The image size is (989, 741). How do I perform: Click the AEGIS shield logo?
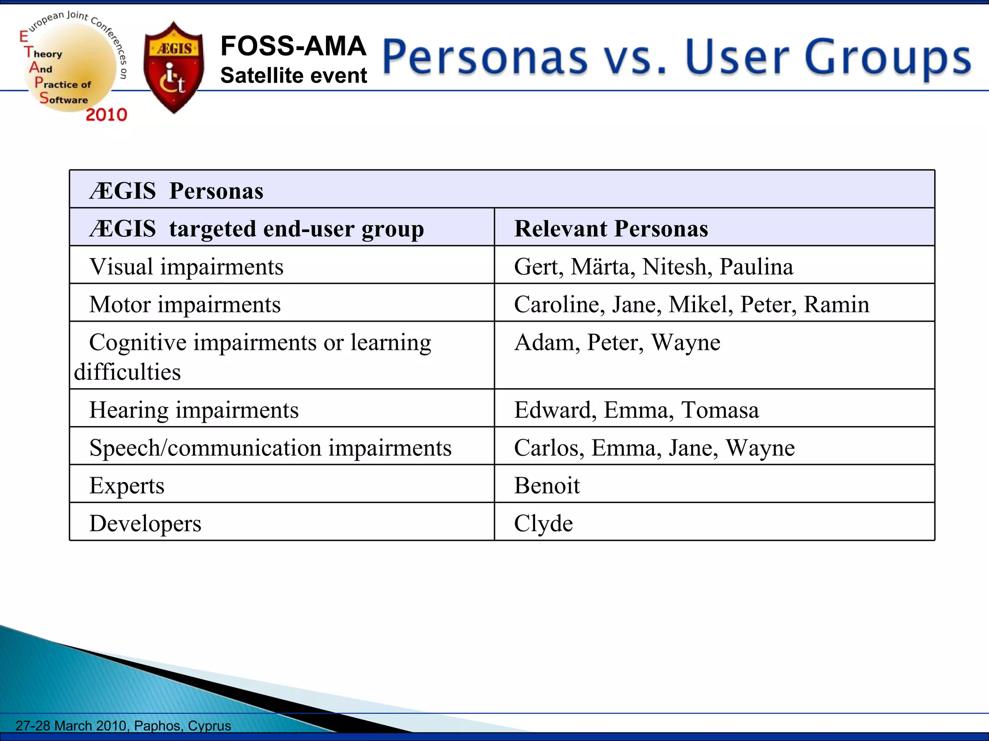pos(174,68)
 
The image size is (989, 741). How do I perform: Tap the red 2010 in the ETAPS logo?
pos(106,115)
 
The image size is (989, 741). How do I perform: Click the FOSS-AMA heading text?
pos(293,46)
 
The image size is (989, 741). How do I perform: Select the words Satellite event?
pos(294,76)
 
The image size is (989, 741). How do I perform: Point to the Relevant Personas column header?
pos(611,228)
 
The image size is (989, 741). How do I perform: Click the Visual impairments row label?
pos(186,266)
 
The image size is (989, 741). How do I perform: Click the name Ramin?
pos(836,304)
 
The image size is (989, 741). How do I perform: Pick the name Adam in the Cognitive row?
pos(543,343)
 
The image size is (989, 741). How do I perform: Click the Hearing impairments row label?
pos(194,410)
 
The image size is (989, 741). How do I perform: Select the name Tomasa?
pos(720,410)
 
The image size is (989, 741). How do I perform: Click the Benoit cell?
pos(547,485)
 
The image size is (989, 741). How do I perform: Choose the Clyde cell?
pos(543,523)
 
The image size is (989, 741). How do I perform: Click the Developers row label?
pos(145,523)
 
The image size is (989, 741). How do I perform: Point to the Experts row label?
pos(127,485)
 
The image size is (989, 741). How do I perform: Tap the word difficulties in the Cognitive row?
pos(127,372)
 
